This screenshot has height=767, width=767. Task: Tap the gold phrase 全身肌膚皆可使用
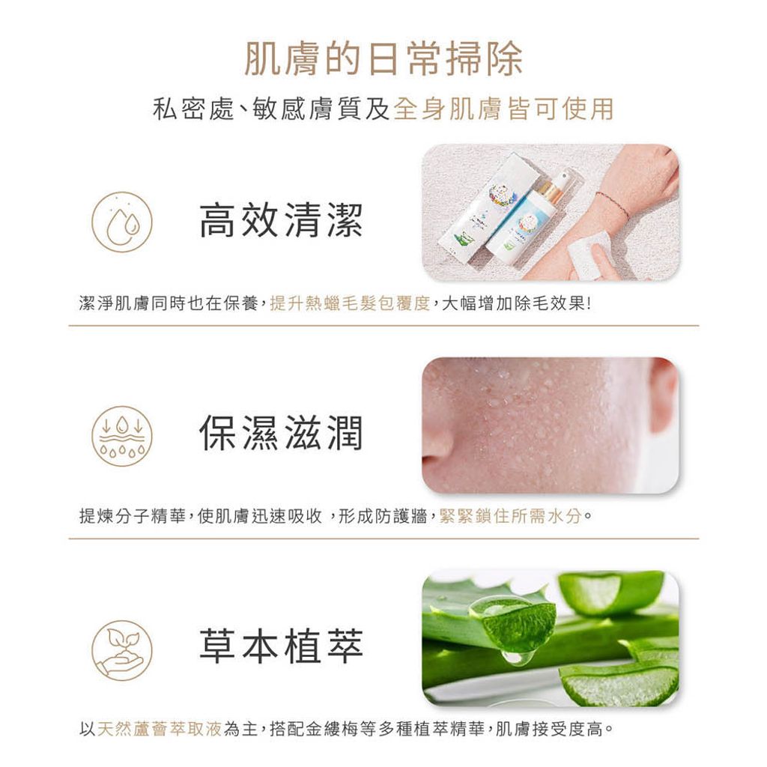pos(503,109)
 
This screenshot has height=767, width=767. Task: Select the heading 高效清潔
pos(281,222)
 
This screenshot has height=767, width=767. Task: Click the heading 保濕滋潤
pos(281,434)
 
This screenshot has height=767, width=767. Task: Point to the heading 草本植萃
pos(281,646)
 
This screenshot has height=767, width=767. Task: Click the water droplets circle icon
pos(122,222)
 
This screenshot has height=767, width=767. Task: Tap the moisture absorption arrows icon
pos(122,436)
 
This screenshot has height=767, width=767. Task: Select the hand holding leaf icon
pos(122,649)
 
